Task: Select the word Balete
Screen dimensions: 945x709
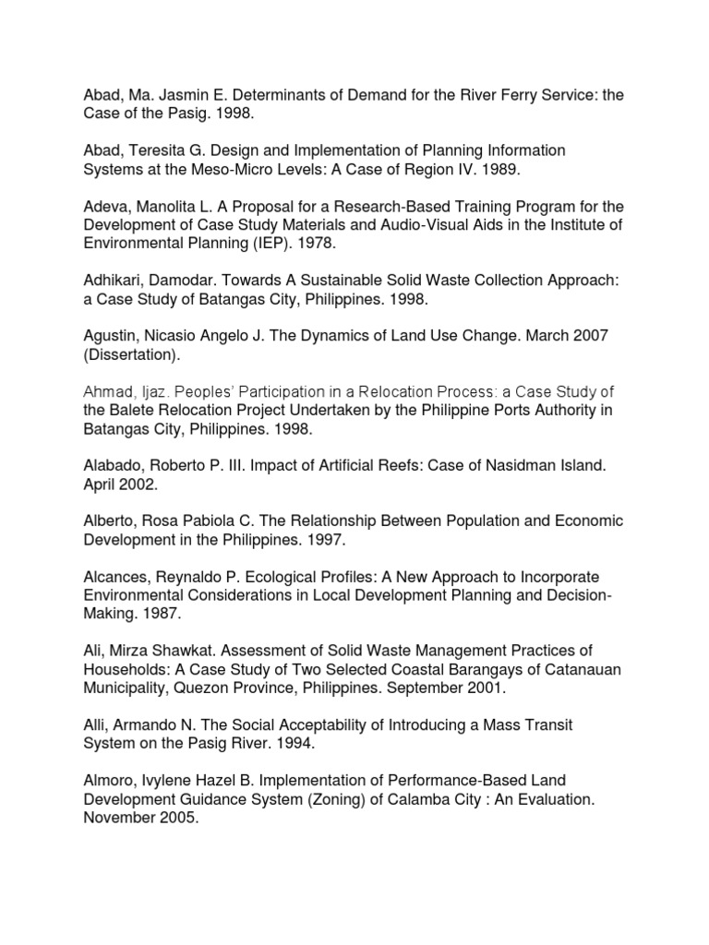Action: coord(136,410)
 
